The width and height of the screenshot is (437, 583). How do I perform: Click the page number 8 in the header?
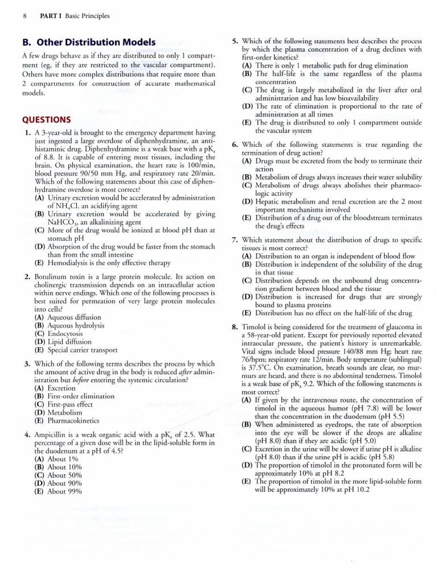[24, 16]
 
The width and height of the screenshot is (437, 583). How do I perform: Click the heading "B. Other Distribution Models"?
[88, 43]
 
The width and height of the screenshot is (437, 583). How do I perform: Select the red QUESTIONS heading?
[46, 120]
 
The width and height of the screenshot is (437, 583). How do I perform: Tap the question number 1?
[27, 133]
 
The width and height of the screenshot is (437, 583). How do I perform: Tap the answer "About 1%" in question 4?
[63, 459]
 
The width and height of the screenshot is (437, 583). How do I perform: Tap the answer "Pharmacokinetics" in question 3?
[73, 421]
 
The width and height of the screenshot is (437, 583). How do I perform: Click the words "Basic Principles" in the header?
[87, 16]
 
